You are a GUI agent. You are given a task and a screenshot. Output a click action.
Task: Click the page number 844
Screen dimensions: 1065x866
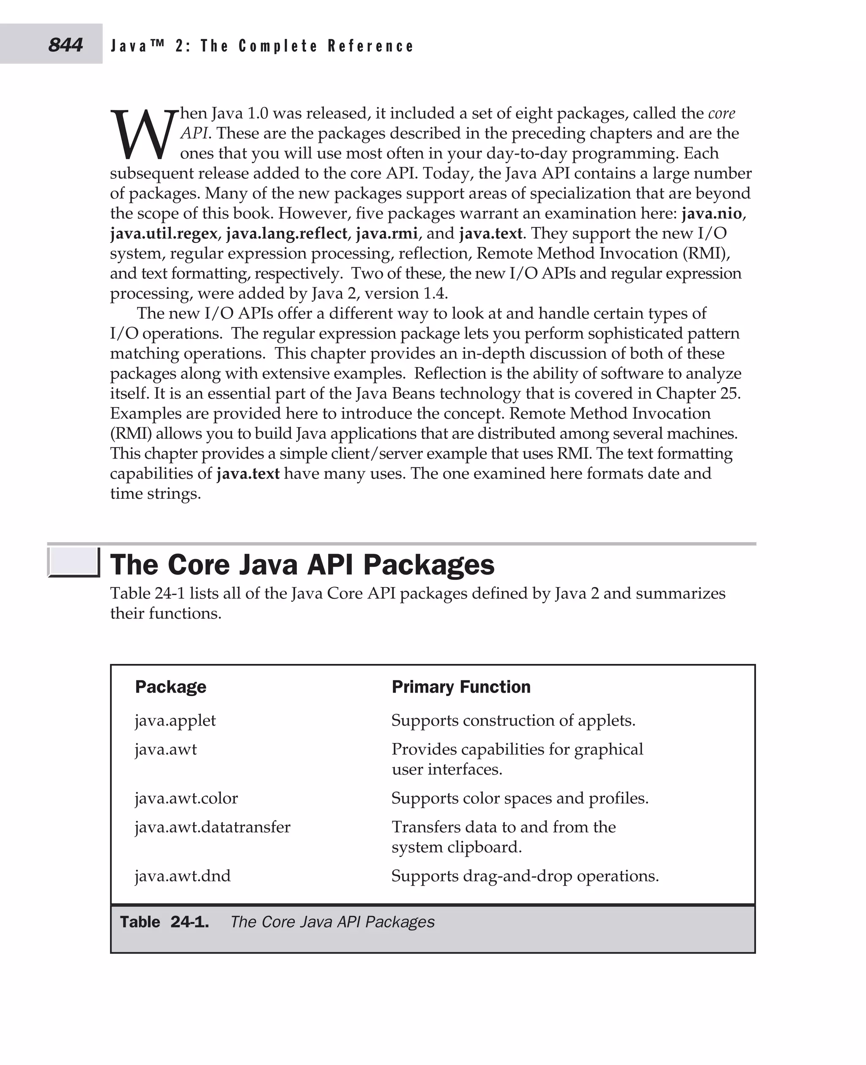click(x=66, y=45)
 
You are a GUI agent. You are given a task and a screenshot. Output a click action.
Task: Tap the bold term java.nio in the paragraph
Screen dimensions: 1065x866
click(x=711, y=213)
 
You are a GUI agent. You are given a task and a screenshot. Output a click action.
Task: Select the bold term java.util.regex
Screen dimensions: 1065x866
click(x=164, y=233)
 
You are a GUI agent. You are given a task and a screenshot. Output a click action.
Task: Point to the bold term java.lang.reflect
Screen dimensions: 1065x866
click(x=287, y=233)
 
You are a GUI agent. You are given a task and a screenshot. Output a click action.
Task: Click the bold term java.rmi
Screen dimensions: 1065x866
click(x=386, y=233)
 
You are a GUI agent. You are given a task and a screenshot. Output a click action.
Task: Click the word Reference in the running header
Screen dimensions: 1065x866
click(x=371, y=46)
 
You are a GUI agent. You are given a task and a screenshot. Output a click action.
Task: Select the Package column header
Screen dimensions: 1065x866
click(x=170, y=687)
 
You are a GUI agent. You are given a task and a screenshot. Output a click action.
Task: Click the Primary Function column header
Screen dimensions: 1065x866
click(x=461, y=687)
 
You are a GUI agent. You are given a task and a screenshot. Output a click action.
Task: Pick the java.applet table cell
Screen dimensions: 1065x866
click(x=175, y=721)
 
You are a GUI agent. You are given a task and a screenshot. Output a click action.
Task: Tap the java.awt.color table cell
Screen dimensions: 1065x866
click(x=186, y=798)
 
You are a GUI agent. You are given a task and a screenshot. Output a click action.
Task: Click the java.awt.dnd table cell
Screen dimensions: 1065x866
click(x=183, y=876)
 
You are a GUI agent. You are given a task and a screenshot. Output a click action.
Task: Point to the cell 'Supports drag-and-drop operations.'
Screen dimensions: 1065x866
click(x=525, y=876)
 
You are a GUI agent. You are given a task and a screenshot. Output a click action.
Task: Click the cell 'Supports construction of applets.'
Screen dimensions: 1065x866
click(x=513, y=721)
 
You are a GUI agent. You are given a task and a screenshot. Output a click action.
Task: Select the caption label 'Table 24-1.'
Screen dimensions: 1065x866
click(x=164, y=922)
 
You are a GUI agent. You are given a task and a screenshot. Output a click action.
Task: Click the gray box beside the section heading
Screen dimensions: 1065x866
click(x=74, y=562)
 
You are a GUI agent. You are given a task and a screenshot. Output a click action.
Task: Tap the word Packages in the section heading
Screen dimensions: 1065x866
click(x=428, y=565)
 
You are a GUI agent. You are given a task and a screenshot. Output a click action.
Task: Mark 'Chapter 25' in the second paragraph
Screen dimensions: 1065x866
click(x=697, y=393)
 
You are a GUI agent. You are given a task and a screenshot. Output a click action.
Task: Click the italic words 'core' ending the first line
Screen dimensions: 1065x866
click(x=721, y=113)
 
